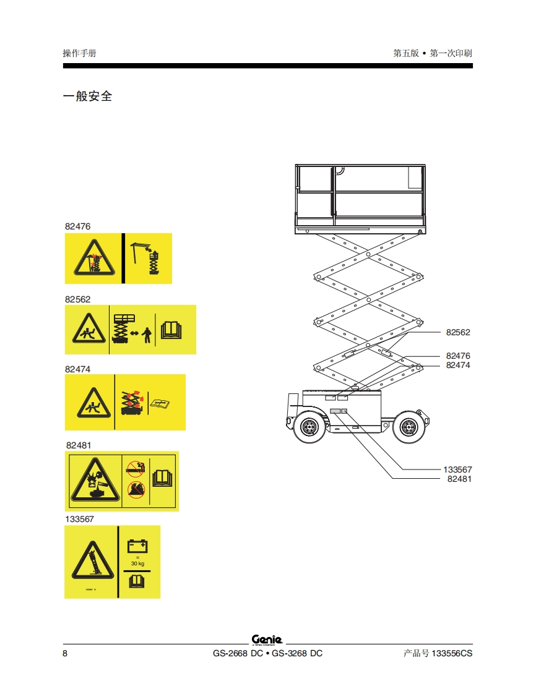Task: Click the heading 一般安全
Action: click(x=87, y=96)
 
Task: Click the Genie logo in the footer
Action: click(x=267, y=639)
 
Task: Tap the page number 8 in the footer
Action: click(x=65, y=654)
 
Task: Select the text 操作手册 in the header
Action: click(x=79, y=53)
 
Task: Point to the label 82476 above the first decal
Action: click(x=77, y=226)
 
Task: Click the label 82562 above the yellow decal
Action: click(x=77, y=299)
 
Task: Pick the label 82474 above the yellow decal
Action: click(x=77, y=369)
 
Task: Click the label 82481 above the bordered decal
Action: click(x=79, y=445)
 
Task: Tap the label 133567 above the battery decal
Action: click(x=79, y=519)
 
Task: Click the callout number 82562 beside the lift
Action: click(x=458, y=332)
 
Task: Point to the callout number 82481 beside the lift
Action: click(x=459, y=479)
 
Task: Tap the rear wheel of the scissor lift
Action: click(x=407, y=426)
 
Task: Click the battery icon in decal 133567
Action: click(x=137, y=546)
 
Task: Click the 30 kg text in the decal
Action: click(x=137, y=563)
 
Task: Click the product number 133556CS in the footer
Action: click(x=451, y=654)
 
